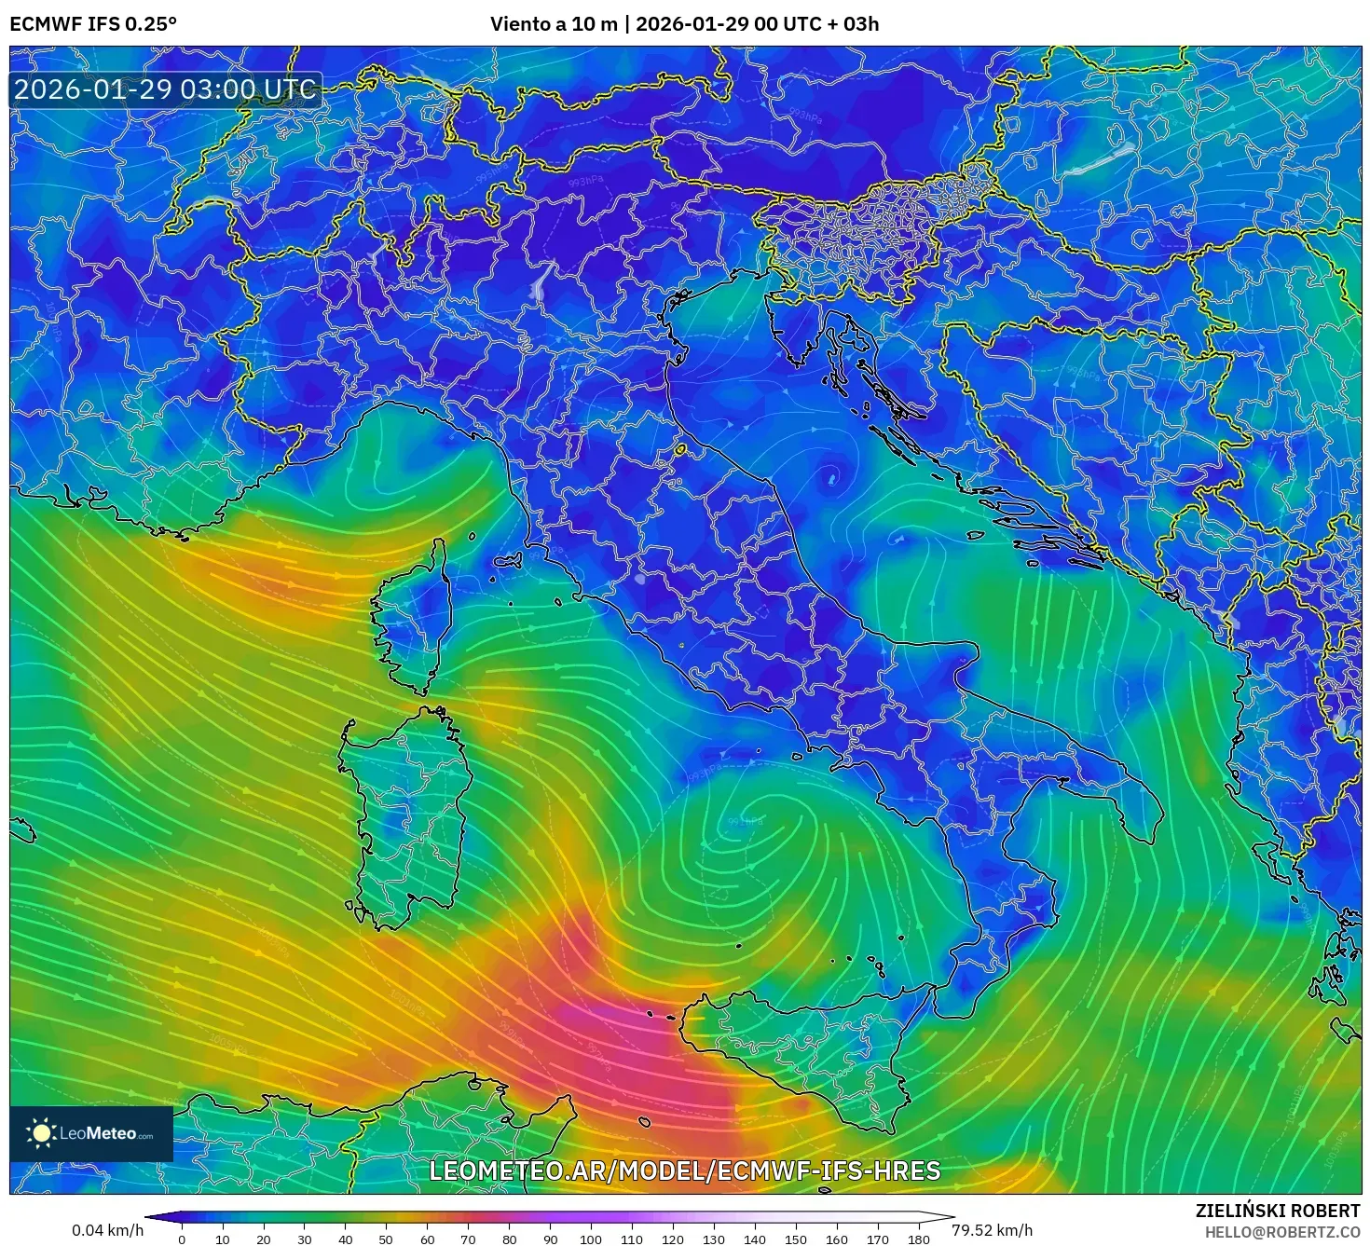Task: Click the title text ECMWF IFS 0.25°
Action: coord(93,24)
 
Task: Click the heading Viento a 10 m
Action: coord(554,24)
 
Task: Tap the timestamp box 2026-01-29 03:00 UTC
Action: coord(165,90)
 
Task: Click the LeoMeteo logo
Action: coord(91,1133)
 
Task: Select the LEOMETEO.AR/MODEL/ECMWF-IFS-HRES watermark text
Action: coord(685,1171)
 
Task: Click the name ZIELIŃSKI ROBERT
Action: coord(1278,1211)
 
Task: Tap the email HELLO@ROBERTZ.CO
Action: coord(1282,1232)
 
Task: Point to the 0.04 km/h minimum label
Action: coord(108,1230)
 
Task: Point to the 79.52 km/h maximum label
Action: coord(992,1230)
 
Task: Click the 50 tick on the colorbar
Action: coord(386,1239)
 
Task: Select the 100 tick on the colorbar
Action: coord(591,1239)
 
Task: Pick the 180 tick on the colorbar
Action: coord(919,1239)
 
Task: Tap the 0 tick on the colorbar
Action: coord(182,1239)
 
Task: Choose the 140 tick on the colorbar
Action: coord(755,1239)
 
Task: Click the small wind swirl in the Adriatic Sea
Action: coord(830,477)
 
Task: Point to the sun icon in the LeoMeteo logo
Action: coord(42,1133)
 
